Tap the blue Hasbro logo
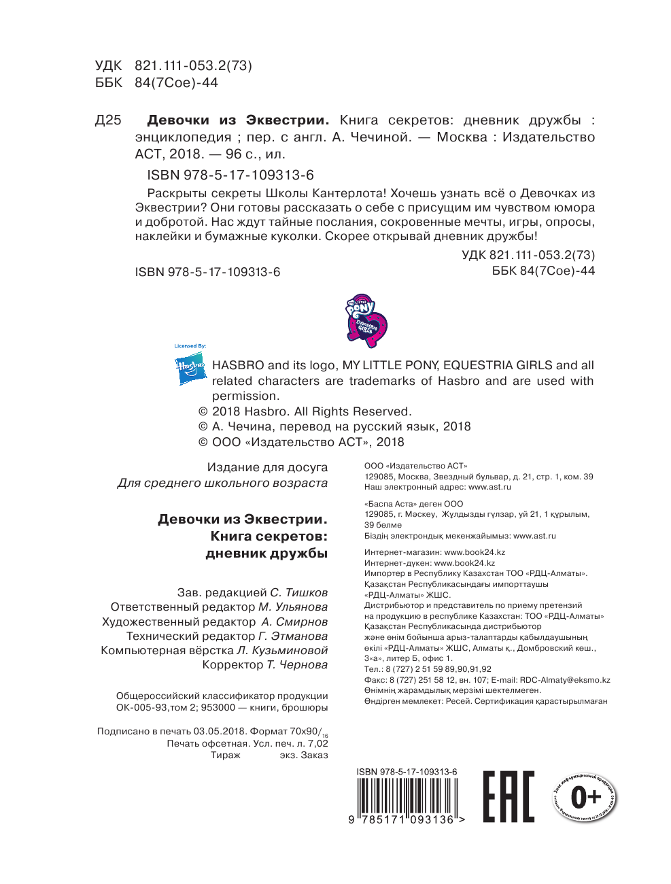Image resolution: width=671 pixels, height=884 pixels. tap(190, 370)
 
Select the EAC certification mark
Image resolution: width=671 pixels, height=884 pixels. tap(509, 796)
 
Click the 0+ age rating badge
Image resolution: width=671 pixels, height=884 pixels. tap(585, 797)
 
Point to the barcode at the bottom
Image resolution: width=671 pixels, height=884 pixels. tap(407, 796)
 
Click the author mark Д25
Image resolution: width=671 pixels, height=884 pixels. tap(108, 120)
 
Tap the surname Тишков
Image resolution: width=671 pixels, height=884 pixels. tap(306, 592)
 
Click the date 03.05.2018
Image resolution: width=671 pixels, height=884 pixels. tap(219, 731)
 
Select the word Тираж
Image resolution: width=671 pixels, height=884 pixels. tap(225, 755)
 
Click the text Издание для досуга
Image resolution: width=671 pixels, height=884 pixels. tap(267, 467)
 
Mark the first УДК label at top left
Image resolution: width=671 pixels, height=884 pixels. tap(108, 66)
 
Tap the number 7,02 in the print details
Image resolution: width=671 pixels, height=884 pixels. tap(317, 743)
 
